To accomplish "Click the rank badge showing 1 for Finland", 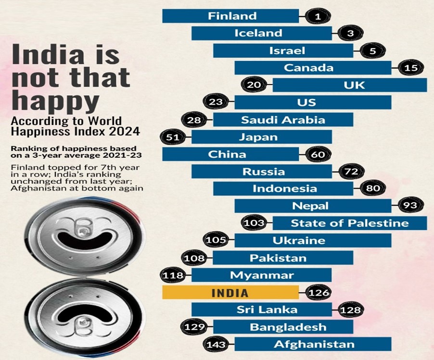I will [317, 16].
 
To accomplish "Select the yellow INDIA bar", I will [230, 293].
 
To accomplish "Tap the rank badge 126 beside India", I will [317, 293].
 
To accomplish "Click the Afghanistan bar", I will [313, 344].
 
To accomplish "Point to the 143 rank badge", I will [217, 344].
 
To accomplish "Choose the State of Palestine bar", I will [350, 223].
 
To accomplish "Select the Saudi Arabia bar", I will [283, 120].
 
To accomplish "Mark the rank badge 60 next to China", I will [317, 154].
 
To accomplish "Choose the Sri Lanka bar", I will [261, 310].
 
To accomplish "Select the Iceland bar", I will [261, 33].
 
